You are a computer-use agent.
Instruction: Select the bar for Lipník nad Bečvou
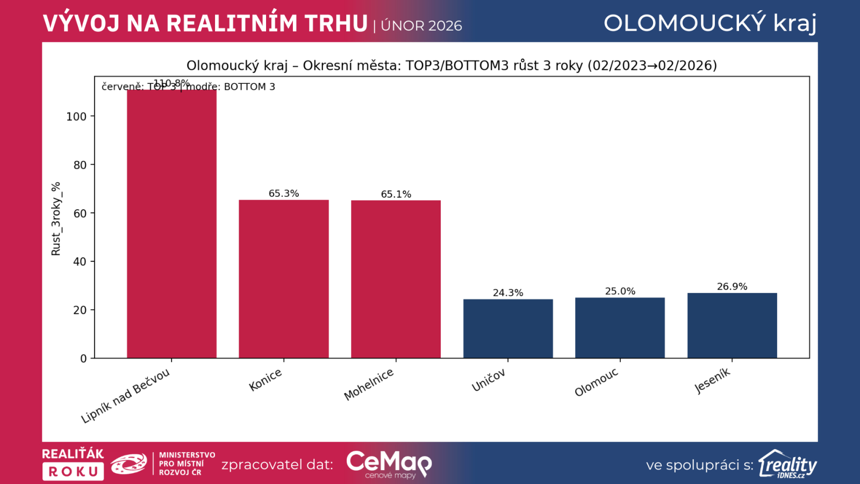(x=171, y=223)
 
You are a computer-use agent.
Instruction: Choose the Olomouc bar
(x=620, y=328)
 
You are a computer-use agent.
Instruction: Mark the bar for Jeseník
(x=732, y=325)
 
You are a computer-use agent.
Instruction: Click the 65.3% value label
(x=284, y=194)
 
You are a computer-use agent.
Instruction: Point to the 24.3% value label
(x=508, y=293)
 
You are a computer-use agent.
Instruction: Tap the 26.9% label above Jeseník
(x=732, y=287)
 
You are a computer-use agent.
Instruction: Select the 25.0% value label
(x=620, y=291)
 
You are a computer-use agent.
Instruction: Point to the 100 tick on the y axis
(x=76, y=117)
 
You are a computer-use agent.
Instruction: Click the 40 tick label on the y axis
(x=80, y=262)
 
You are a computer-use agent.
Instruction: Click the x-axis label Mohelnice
(x=369, y=385)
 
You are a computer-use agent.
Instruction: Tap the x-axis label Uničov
(x=488, y=381)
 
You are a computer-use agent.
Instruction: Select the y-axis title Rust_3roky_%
(x=56, y=218)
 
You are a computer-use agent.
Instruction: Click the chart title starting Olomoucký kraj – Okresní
(x=451, y=66)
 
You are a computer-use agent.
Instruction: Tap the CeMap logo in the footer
(x=389, y=464)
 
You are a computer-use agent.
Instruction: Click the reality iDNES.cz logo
(x=787, y=464)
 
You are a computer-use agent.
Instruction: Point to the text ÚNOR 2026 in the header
(x=421, y=26)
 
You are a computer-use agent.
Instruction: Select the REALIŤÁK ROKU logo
(x=73, y=464)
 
